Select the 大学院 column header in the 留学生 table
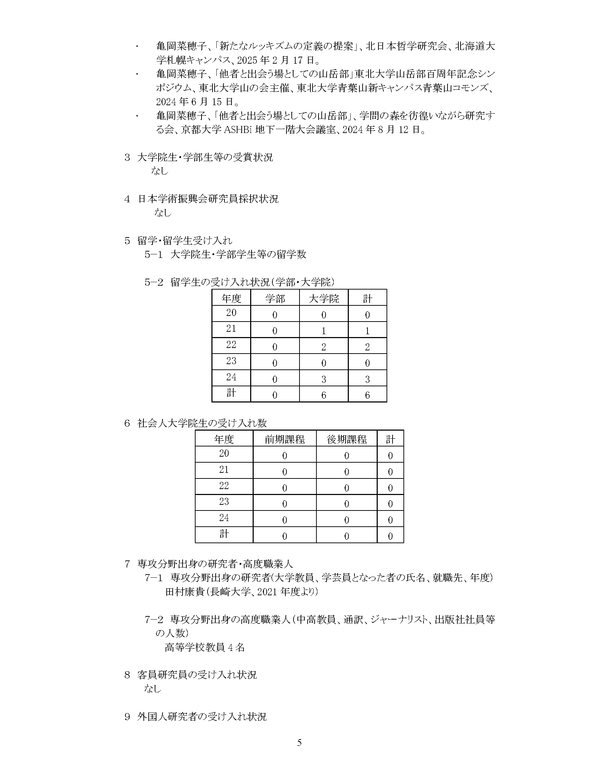pos(323,299)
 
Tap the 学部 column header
pos(275,299)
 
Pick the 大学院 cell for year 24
pos(323,379)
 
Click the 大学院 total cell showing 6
pos(323,395)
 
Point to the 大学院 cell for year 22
pos(323,347)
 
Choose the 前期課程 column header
pos(285,439)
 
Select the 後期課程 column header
pos(346,439)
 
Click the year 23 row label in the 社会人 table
pos(224,501)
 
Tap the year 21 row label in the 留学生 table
pos(231,329)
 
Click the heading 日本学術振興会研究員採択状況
pos(208,199)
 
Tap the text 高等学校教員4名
pos(205,647)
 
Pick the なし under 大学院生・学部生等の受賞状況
pos(160,171)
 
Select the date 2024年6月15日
pos(193,102)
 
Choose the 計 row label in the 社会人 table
pos(224,534)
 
